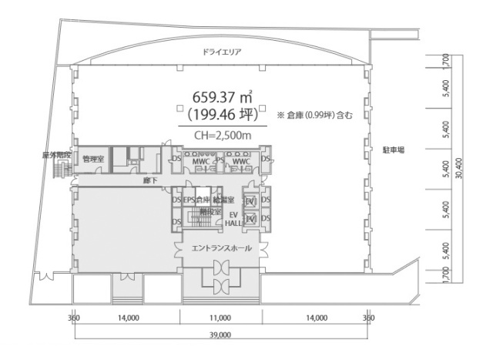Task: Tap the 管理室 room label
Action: click(93, 159)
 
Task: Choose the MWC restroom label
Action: click(202, 162)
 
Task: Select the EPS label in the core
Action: click(189, 200)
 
